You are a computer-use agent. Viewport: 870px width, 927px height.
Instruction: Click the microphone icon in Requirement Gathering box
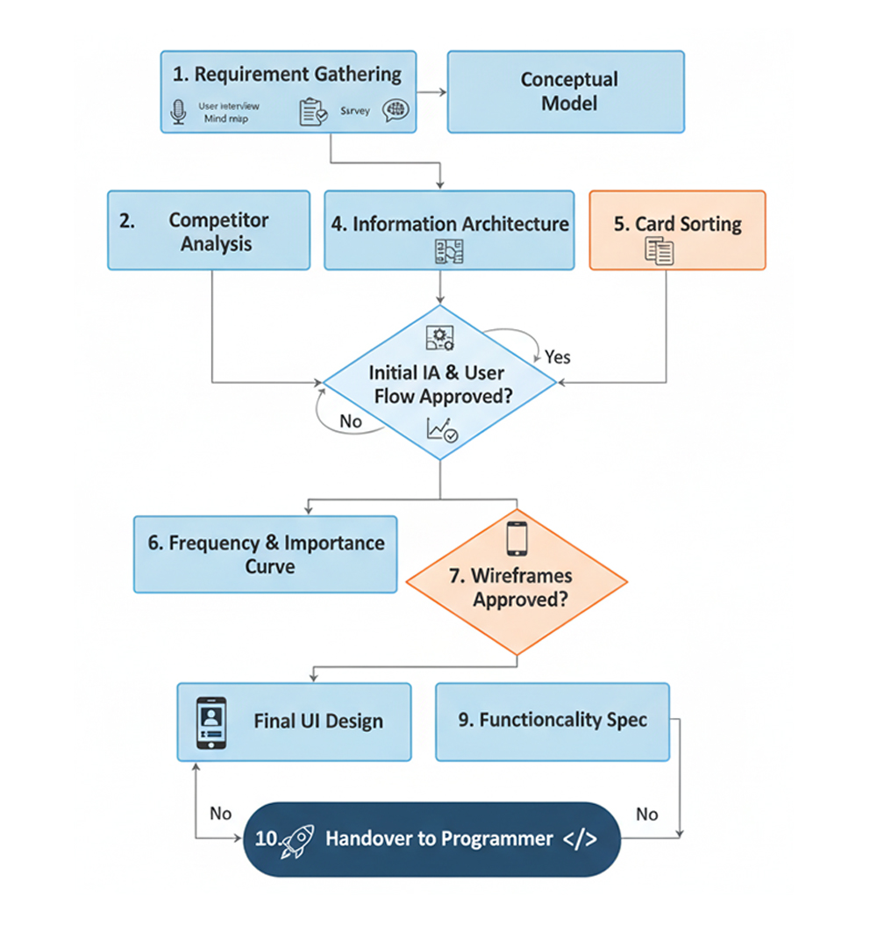tap(179, 112)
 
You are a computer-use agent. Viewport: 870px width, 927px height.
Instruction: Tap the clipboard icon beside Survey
tap(312, 112)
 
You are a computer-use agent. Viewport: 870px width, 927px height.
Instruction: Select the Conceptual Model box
tap(566, 91)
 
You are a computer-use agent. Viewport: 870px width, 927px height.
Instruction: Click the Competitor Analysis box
tap(209, 230)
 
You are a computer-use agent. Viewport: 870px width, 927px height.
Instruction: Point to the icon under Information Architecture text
tap(449, 252)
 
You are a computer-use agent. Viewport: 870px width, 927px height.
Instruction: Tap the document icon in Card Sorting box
tap(660, 252)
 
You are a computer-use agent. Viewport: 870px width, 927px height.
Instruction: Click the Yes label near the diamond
tap(557, 356)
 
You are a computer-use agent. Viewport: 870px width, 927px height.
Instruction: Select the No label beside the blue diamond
tap(350, 421)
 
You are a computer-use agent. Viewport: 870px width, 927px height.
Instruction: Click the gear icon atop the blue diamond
tap(439, 338)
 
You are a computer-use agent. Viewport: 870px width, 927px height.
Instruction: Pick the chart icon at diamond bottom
tap(441, 430)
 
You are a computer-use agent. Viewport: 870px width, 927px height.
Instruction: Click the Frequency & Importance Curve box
tap(265, 554)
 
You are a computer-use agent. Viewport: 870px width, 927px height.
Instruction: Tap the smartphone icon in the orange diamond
tap(517, 538)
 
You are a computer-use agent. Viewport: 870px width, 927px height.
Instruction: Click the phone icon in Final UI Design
tap(210, 722)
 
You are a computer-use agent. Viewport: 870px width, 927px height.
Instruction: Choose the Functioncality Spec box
tap(553, 721)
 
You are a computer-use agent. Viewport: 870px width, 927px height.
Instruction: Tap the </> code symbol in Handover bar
tap(580, 838)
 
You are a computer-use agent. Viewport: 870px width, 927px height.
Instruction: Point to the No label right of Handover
tap(646, 814)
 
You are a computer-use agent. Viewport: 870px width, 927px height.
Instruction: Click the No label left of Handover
tap(220, 814)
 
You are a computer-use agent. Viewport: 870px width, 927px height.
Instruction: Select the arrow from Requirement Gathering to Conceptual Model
tap(430, 90)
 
